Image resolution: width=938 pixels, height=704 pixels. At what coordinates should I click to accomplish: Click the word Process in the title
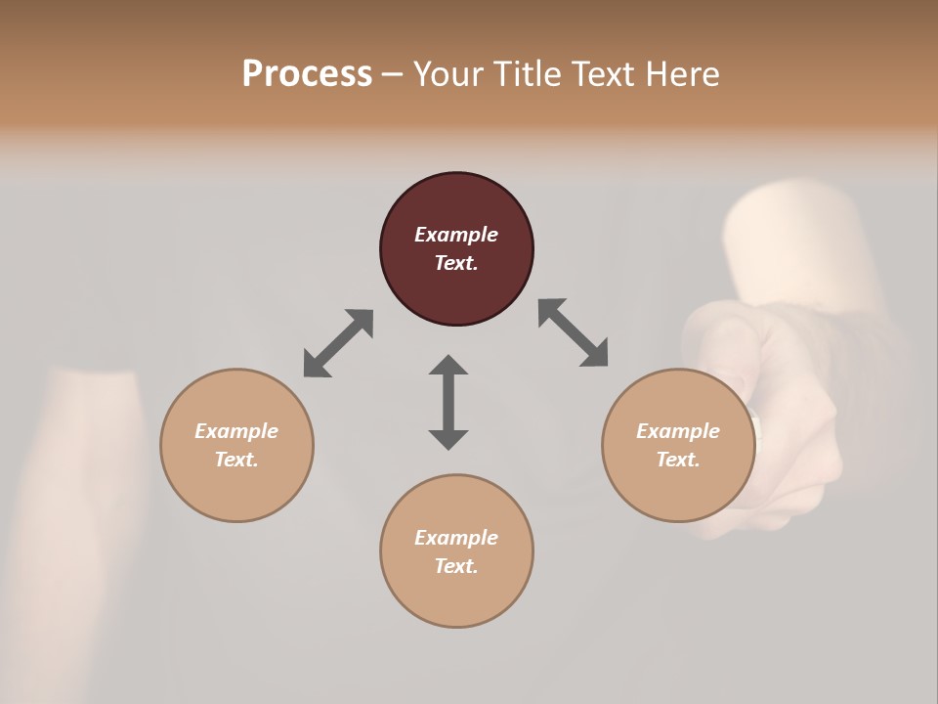click(x=307, y=74)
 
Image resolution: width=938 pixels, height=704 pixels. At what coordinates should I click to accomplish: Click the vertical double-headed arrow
click(x=448, y=402)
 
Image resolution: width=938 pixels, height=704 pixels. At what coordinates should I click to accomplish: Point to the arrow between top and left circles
click(x=338, y=343)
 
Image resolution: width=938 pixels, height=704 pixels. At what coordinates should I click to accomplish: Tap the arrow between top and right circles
click(x=573, y=332)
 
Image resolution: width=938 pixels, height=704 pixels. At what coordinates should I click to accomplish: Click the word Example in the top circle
click(x=456, y=235)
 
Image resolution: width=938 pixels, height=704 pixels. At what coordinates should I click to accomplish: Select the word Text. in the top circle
click(x=456, y=263)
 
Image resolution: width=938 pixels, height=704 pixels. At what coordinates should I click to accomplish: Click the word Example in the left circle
click(x=236, y=431)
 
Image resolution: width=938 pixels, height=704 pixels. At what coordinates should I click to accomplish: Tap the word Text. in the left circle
click(x=236, y=460)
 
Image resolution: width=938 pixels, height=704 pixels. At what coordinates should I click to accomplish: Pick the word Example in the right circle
click(x=678, y=431)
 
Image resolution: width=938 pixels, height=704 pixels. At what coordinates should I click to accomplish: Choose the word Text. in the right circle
click(x=678, y=460)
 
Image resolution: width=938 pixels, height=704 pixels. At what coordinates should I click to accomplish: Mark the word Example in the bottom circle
click(x=456, y=538)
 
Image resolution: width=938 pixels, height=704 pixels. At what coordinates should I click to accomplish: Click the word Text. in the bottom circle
click(x=456, y=566)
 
